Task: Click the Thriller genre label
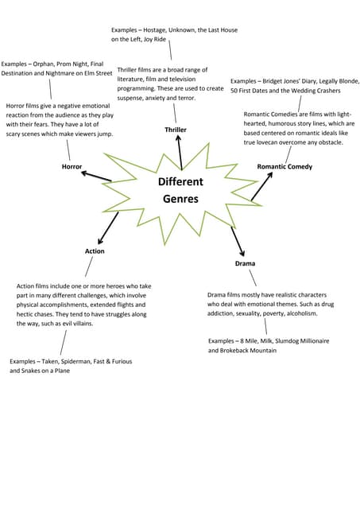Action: click(176, 129)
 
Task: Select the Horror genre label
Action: click(72, 167)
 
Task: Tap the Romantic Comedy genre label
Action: click(285, 167)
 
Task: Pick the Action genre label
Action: click(95, 251)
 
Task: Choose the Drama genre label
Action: click(245, 263)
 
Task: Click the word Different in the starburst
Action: click(180, 182)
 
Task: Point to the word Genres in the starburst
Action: click(180, 199)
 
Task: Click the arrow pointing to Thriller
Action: click(180, 151)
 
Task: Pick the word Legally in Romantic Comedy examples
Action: click(323, 81)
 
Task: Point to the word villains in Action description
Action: click(109, 324)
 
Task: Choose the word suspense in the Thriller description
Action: click(132, 98)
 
